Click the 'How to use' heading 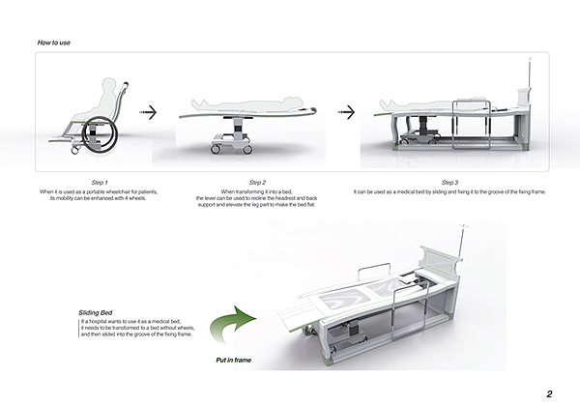(x=53, y=43)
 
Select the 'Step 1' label (x=99, y=183)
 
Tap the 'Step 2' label (x=257, y=183)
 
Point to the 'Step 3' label (x=449, y=183)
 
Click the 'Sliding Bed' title (x=98, y=313)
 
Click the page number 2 (x=548, y=392)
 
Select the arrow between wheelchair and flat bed (x=146, y=113)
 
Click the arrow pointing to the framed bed (x=344, y=113)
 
